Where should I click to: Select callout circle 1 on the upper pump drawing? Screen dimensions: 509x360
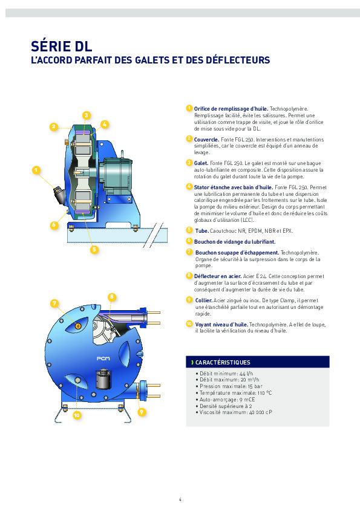[36, 170]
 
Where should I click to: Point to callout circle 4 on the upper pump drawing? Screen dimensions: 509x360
[105, 124]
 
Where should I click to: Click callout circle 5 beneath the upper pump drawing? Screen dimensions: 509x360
[94, 248]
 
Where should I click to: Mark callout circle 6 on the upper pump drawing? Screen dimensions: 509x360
[54, 224]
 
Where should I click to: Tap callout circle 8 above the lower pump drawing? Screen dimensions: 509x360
[112, 296]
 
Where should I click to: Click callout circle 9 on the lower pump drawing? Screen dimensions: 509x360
[141, 412]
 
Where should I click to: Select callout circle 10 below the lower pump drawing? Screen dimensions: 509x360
[77, 415]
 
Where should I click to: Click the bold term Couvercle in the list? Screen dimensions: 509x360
[207, 139]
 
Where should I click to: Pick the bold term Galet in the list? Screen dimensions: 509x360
[201, 163]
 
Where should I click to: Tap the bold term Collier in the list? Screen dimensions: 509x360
[203, 300]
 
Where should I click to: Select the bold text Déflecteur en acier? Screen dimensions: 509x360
[216, 276]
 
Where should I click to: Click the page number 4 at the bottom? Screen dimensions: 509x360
[180, 499]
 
